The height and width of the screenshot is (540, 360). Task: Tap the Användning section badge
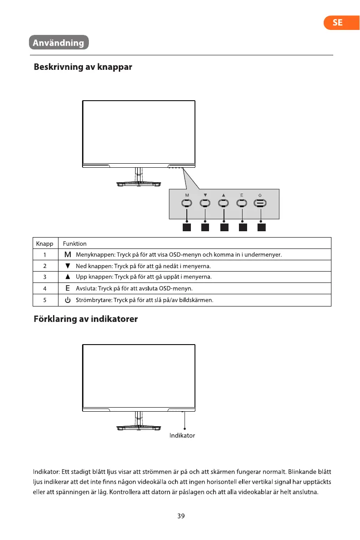point(58,43)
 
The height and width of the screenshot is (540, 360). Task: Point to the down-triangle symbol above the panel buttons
point(205,195)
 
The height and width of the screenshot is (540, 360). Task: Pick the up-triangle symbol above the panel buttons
point(224,195)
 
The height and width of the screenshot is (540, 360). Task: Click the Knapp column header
point(44,243)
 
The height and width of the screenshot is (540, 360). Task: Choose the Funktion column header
point(75,243)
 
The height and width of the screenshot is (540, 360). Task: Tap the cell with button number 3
point(45,277)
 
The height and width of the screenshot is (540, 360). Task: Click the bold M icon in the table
point(67,254)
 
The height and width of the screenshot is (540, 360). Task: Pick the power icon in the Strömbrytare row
point(67,300)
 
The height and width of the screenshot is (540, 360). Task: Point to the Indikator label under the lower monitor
point(182,435)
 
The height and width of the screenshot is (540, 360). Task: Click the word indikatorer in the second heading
point(114,319)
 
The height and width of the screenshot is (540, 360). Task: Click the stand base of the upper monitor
point(137,184)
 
